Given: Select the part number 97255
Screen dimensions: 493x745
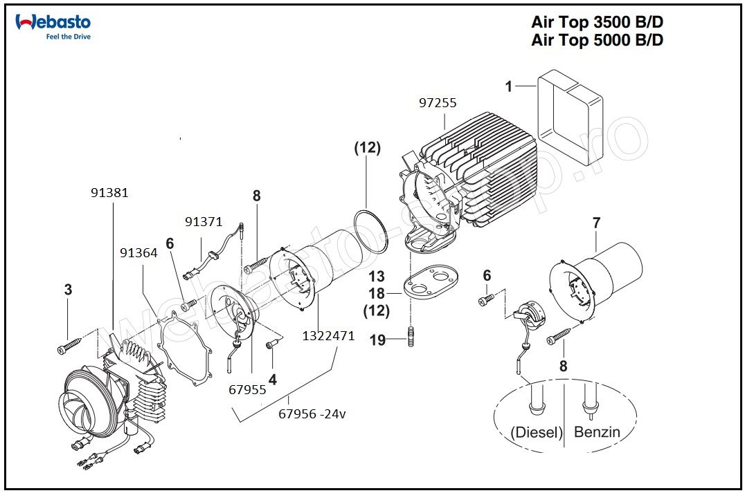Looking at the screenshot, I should tap(437, 103).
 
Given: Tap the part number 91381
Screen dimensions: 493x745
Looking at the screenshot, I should tap(109, 193).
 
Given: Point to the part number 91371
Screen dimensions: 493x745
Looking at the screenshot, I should tap(204, 222).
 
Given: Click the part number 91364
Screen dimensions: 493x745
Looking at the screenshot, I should tap(139, 253).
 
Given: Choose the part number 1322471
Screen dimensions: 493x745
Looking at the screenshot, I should tap(328, 337).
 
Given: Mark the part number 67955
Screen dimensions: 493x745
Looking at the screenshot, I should tap(247, 390).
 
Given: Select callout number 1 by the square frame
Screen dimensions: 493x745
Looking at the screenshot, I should tap(509, 87).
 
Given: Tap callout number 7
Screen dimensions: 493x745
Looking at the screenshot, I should tap(596, 223).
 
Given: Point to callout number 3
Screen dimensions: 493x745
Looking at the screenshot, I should tap(68, 290).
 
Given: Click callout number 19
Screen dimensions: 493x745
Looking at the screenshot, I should tap(378, 339).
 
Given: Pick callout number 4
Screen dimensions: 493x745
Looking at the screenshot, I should tap(273, 380).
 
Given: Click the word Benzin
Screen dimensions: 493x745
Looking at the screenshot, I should tap(597, 433).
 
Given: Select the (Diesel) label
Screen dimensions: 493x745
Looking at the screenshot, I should tap(537, 433).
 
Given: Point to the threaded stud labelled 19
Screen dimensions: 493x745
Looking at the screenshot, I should tap(411, 339).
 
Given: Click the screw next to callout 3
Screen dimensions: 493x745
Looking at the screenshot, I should tap(71, 344).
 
